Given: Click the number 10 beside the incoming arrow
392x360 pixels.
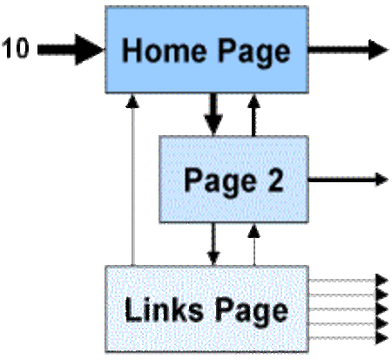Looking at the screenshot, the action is [x=16, y=48].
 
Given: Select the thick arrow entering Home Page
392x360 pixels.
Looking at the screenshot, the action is [x=71, y=50].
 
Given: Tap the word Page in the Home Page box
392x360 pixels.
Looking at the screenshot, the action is [x=254, y=52].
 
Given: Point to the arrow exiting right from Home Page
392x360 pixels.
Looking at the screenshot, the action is [x=348, y=50].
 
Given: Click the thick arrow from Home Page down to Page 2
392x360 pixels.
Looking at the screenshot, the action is [x=213, y=114].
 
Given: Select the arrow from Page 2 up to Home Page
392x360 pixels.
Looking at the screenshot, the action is [x=254, y=114].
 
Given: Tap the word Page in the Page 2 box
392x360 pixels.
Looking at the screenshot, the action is [x=220, y=181].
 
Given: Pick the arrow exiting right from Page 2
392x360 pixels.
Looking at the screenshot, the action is [x=348, y=180].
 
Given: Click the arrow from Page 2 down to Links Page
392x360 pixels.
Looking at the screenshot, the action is [x=213, y=244].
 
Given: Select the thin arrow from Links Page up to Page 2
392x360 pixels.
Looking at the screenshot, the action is [x=254, y=245].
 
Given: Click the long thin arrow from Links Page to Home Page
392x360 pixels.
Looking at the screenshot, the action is [x=132, y=180].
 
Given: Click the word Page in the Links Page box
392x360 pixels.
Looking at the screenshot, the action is [x=252, y=311].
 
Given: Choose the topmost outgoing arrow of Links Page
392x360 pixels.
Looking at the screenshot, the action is [x=348, y=281].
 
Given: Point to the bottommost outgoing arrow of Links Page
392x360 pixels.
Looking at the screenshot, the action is [x=348, y=338].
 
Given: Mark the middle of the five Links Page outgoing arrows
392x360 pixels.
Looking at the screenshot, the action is [x=348, y=309].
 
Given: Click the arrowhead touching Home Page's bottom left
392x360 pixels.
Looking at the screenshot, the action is [x=132, y=100].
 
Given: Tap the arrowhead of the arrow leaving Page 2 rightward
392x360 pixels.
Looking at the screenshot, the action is [x=382, y=180].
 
